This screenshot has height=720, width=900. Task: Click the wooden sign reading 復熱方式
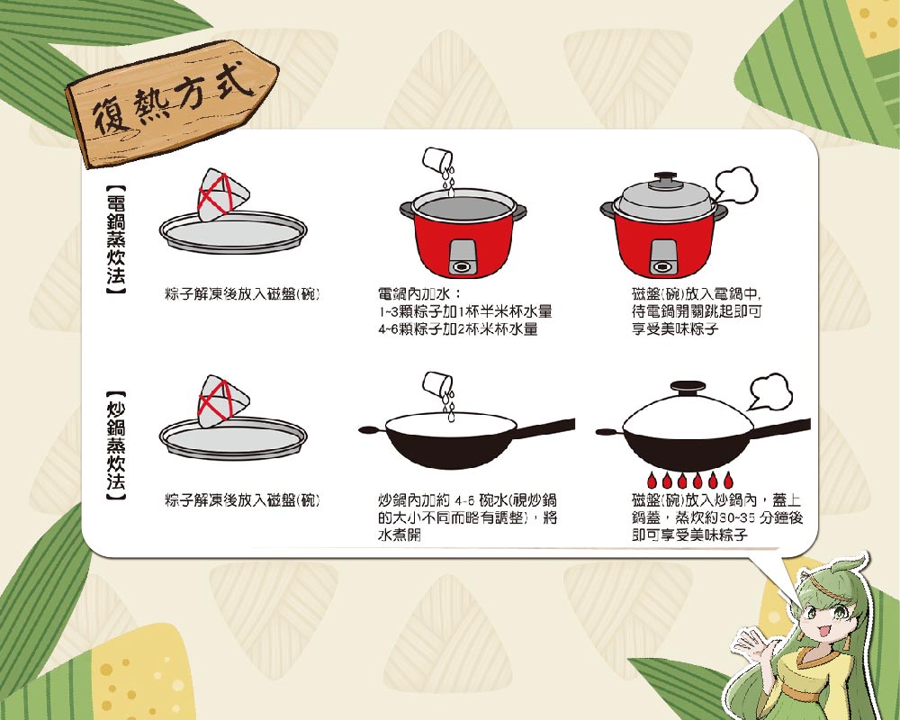click(172, 103)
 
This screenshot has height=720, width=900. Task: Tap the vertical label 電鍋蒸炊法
click(116, 239)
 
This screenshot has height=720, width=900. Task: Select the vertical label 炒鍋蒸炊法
click(116, 446)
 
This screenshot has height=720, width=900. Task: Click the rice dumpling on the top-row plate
click(223, 193)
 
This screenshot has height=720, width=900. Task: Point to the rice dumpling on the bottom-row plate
click(223, 400)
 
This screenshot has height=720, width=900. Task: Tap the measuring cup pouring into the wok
click(436, 383)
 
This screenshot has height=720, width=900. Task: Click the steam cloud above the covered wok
click(770, 391)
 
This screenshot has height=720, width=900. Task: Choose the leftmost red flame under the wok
click(652, 480)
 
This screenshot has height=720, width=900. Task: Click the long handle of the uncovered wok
click(545, 427)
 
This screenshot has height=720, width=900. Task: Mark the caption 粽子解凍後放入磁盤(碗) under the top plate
click(241, 294)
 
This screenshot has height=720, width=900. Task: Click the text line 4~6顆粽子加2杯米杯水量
click(458, 329)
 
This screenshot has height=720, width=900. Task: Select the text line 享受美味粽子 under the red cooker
click(675, 329)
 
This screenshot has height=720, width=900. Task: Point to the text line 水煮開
click(400, 535)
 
